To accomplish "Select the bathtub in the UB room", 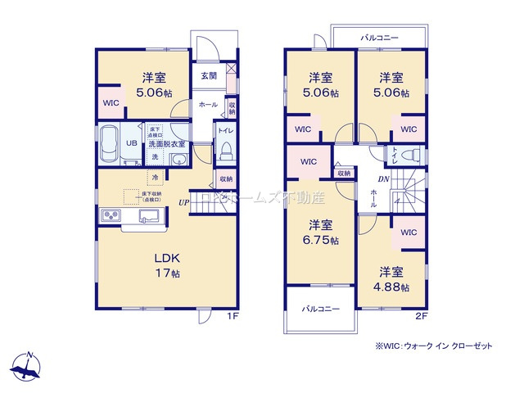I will pos(110,145).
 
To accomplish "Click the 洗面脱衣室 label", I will pos(168,144).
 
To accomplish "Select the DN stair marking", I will pos(382,179).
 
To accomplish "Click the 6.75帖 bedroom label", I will pos(320,232).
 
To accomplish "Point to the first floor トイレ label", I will pos(225,129).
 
